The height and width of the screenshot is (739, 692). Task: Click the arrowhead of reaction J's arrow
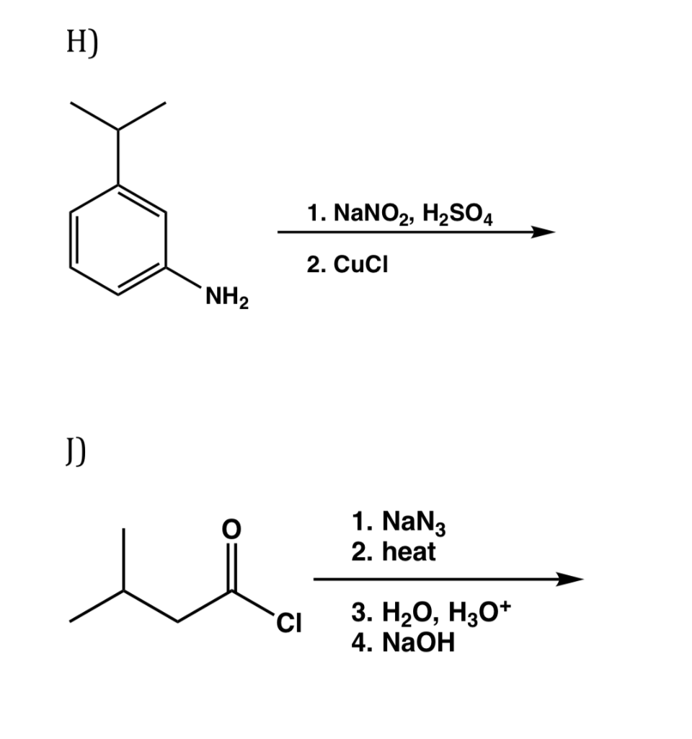click(x=569, y=579)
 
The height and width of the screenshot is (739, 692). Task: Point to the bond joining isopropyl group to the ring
click(x=119, y=157)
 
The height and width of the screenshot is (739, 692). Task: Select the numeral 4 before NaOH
click(x=358, y=642)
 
